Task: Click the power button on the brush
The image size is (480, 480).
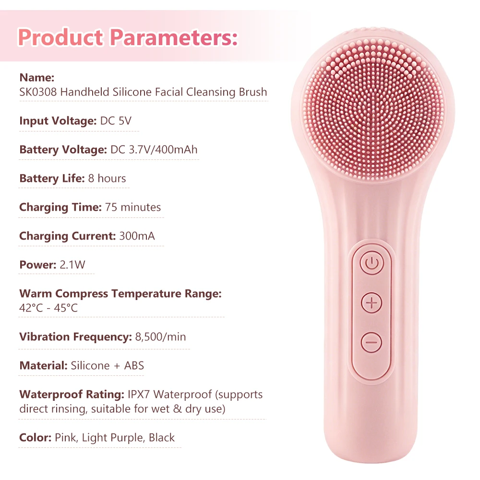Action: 372,263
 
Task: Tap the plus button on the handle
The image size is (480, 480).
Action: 372,303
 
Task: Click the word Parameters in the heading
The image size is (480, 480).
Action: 174,37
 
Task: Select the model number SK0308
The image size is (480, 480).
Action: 38,92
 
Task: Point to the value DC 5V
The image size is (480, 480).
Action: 116,120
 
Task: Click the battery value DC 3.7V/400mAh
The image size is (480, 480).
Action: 154,149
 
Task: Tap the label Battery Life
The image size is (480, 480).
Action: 52,178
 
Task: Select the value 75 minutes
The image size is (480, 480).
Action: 133,207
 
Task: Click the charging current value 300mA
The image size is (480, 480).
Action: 137,236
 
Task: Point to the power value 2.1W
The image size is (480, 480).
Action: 72,264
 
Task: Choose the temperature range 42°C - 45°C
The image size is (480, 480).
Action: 48,308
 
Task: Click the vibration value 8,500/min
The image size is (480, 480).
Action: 160,337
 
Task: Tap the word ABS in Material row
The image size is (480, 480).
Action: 134,365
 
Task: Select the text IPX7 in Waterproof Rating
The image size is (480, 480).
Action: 139,394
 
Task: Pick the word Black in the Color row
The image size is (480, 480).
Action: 162,437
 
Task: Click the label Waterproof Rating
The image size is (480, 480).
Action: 72,394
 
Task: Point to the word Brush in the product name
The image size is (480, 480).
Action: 253,92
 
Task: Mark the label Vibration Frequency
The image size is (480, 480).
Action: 76,337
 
